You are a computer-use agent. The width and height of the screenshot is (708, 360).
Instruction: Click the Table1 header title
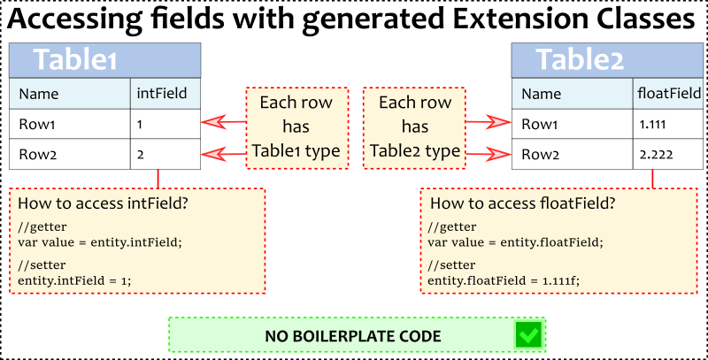pos(75,60)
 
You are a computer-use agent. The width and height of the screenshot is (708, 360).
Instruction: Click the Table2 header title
pos(581,60)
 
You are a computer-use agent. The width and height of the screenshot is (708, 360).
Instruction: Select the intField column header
pos(163,93)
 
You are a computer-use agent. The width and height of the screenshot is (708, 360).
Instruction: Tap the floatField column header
pos(669,93)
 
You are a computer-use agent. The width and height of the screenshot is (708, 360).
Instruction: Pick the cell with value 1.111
pos(654,124)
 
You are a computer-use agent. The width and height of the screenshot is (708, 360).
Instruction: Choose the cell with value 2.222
pos(656,154)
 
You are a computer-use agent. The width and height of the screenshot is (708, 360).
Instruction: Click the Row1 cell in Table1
pos(37,124)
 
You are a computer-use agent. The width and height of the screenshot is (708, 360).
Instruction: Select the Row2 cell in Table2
pos(541,154)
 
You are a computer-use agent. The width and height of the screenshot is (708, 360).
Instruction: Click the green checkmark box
pos(528,335)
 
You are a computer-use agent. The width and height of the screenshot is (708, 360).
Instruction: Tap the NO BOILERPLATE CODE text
pos(353,336)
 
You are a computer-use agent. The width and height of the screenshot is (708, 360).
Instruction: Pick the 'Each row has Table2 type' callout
pos(415,127)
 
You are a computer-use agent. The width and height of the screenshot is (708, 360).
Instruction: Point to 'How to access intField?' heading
pos(104,204)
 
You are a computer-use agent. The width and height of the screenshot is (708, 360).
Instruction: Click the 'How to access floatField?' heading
pos(522,204)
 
